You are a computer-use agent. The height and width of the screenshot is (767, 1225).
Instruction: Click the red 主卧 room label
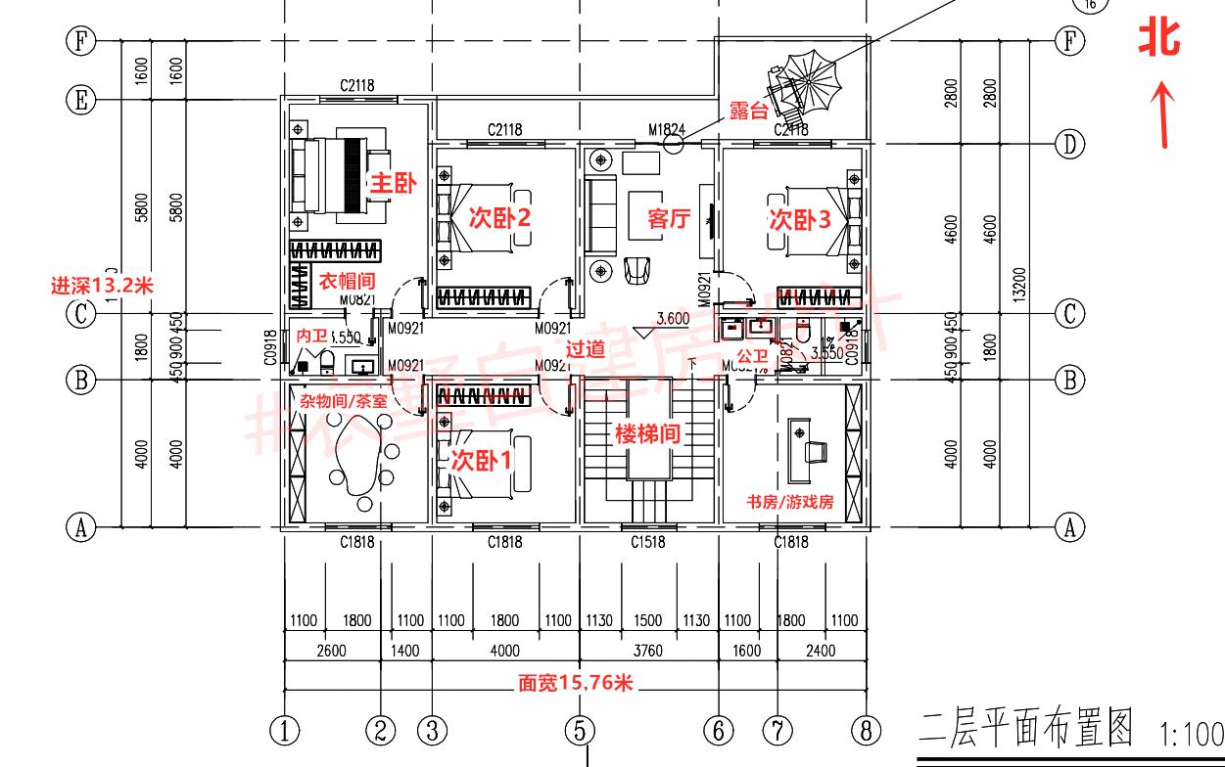click(x=393, y=183)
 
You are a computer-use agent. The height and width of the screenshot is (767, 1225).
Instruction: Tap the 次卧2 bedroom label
click(x=499, y=217)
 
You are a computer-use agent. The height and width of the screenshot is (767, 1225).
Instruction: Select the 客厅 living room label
click(x=670, y=219)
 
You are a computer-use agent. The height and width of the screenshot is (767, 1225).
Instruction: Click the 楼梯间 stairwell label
click(x=647, y=433)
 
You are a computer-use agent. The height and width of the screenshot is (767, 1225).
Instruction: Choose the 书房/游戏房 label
click(x=789, y=502)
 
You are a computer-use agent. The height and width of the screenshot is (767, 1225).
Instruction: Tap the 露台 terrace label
click(x=748, y=112)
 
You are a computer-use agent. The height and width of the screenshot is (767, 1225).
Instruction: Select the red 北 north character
click(x=1160, y=38)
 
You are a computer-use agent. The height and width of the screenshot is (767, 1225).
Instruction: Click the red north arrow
click(x=1163, y=115)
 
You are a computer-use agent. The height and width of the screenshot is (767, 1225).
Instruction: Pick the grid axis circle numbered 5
click(x=579, y=730)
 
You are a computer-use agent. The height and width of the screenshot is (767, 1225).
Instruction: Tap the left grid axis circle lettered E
click(x=80, y=99)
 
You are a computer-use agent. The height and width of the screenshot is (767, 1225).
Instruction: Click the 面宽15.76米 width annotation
click(x=576, y=684)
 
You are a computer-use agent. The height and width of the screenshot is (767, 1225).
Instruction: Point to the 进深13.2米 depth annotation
click(x=103, y=286)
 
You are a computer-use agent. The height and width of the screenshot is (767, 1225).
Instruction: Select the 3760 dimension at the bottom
click(x=647, y=650)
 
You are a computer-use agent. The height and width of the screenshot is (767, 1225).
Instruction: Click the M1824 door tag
click(x=667, y=129)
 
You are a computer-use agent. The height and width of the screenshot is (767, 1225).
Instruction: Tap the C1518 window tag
click(x=647, y=542)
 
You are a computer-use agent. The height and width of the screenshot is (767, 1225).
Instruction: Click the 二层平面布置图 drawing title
click(x=1025, y=728)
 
